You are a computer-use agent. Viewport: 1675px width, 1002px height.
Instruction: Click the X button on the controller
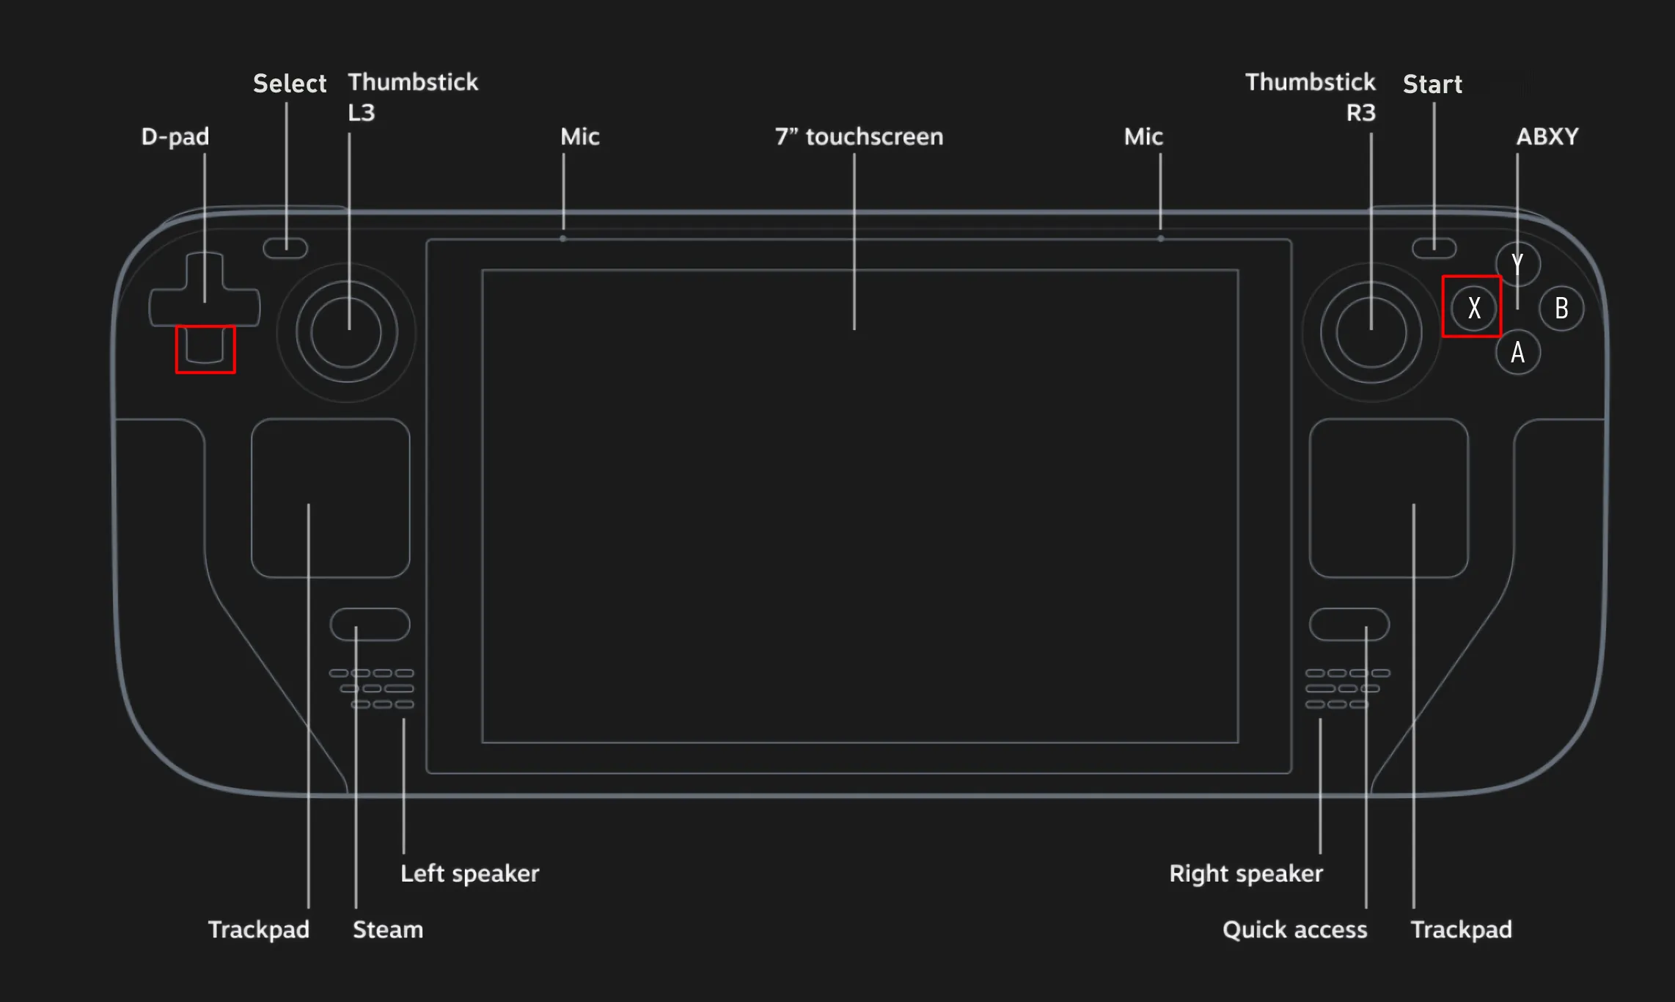coord(1473,308)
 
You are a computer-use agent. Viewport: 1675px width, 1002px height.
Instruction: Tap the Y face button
coord(1517,264)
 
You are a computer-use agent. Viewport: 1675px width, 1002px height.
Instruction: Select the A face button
coord(1517,353)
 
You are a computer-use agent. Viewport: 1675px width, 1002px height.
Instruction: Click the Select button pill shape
coord(285,248)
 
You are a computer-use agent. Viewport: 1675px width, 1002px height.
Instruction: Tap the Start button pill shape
coord(1434,248)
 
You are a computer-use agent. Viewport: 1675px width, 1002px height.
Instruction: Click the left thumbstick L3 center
coord(346,332)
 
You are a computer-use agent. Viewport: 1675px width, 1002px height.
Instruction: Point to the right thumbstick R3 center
coord(1371,332)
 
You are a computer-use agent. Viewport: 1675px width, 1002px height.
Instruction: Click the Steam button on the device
coord(370,624)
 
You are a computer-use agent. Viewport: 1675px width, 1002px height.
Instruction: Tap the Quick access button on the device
coord(1349,624)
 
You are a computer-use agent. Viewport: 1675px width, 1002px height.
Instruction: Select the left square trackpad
coord(330,498)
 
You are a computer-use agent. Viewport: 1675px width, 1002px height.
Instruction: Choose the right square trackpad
coord(1388,498)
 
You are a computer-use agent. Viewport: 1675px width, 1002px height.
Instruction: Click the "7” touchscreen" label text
coord(859,137)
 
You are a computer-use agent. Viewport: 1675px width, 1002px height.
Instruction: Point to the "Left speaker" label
coord(469,874)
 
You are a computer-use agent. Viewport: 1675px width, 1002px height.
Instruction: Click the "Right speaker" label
coord(1245,874)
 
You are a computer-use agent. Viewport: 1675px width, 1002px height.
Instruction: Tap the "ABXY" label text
coord(1547,137)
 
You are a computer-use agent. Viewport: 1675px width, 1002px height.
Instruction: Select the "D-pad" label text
coord(175,137)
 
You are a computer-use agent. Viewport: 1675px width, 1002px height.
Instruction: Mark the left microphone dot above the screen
coord(562,238)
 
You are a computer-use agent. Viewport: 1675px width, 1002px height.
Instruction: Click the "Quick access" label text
coord(1294,930)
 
